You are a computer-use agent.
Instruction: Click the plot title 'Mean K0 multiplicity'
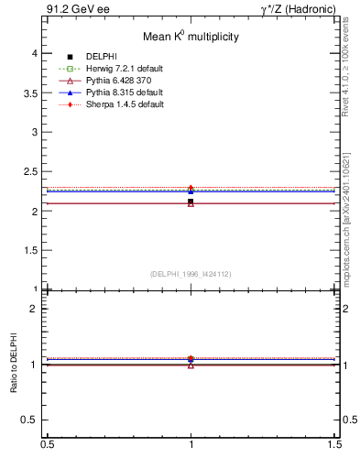click(190, 37)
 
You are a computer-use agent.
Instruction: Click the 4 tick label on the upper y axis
click(35, 54)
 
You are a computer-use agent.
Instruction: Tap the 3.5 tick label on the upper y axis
click(30, 93)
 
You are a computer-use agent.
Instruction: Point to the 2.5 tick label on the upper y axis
click(30, 172)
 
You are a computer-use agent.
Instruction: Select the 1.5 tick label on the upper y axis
click(30, 250)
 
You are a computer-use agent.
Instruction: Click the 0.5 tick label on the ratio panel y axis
click(30, 420)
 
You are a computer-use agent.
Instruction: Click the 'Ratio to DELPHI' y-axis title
click(13, 365)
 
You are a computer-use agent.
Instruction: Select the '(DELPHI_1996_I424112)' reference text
click(190, 273)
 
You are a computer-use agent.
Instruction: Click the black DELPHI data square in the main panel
click(191, 202)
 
